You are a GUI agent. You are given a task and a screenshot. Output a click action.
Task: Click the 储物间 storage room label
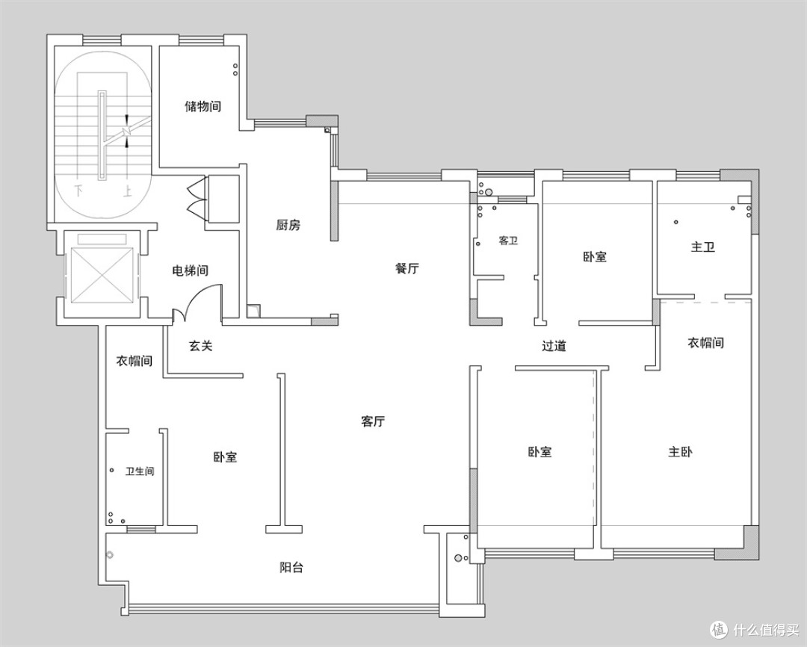point(202,107)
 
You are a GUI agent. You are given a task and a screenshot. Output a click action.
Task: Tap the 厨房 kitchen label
point(288,225)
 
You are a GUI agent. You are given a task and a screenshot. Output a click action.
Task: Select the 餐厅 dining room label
point(407,268)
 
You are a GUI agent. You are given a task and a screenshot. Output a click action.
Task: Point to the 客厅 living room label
point(373,421)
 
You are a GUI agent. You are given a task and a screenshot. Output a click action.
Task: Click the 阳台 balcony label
point(291,567)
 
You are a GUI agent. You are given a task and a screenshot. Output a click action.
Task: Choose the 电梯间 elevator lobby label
point(190,270)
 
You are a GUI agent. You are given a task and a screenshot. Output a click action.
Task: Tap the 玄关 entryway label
point(201,346)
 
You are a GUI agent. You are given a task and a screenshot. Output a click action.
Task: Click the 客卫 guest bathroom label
point(508,241)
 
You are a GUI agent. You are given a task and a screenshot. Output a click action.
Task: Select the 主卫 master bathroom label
point(703,247)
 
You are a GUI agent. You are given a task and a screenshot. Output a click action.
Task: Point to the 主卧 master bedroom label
point(681,452)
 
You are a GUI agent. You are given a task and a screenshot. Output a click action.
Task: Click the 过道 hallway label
point(554,346)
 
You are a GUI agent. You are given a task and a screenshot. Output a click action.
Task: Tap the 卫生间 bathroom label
point(140,471)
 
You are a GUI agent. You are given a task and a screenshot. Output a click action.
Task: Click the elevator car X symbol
point(101,276)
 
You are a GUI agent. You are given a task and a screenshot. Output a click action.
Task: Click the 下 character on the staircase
point(78,191)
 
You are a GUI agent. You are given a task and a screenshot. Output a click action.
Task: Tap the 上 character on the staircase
point(126,191)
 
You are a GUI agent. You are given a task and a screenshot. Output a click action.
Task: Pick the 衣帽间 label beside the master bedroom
point(705,342)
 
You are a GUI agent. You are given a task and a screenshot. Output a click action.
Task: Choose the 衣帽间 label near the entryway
point(134,360)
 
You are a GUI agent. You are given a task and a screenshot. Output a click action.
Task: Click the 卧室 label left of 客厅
point(225,456)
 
